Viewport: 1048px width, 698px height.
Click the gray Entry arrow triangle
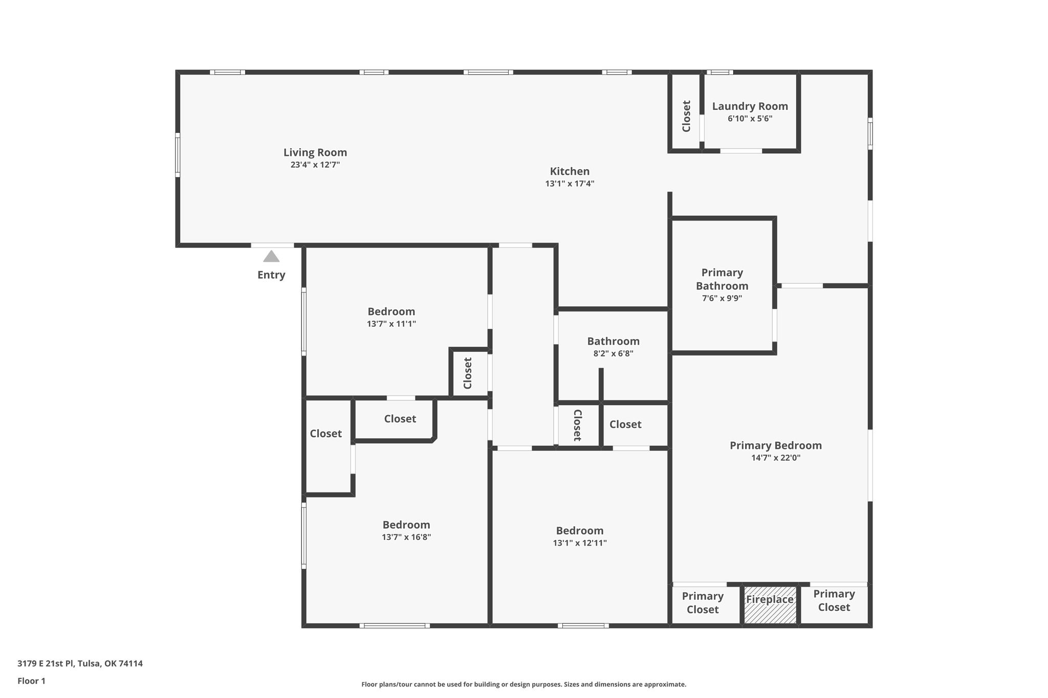coord(271,256)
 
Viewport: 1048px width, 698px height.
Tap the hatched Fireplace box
coord(770,605)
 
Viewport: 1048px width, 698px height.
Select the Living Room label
coord(315,152)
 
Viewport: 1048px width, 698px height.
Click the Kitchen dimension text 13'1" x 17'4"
coord(570,184)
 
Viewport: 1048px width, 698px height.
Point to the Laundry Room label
coord(750,106)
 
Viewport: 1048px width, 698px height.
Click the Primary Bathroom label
coord(722,279)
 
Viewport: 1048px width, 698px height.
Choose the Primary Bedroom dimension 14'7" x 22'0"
coord(776,458)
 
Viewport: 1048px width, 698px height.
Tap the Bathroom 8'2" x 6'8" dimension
coord(614,353)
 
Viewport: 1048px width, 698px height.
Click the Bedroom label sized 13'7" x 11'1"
coord(391,311)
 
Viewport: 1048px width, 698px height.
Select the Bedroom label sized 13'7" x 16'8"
coord(406,525)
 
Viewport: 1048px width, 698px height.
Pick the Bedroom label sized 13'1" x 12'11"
coord(580,530)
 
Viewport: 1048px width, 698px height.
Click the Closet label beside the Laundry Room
coord(687,116)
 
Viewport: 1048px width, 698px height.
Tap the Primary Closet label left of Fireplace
coord(703,603)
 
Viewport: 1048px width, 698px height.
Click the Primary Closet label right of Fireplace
coord(834,600)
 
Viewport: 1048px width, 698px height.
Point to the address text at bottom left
coord(80,663)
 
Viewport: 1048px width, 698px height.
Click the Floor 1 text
coord(31,681)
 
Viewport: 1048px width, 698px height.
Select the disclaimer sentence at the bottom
coord(523,684)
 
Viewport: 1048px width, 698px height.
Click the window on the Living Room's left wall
coord(178,155)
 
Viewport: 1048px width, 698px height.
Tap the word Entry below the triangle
coord(271,275)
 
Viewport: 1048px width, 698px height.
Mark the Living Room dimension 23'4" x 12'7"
coord(315,165)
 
